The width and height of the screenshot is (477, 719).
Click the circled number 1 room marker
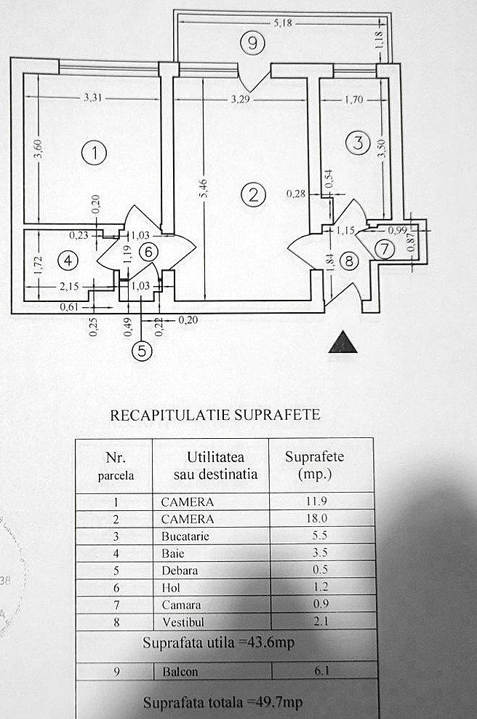95,153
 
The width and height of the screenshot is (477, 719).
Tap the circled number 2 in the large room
253,194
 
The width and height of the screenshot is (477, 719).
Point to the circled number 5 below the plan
142,351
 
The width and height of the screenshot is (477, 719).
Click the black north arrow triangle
342,343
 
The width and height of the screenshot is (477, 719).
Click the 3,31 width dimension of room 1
93,97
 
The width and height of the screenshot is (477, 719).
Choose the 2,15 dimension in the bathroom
70,287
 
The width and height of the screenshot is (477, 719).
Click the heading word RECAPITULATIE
170,416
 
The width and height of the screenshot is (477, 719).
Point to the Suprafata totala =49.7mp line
223,702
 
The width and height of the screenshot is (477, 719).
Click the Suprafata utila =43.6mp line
219,644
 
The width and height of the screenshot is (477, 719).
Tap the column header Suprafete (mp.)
314,465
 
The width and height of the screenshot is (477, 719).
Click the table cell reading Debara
179,571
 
